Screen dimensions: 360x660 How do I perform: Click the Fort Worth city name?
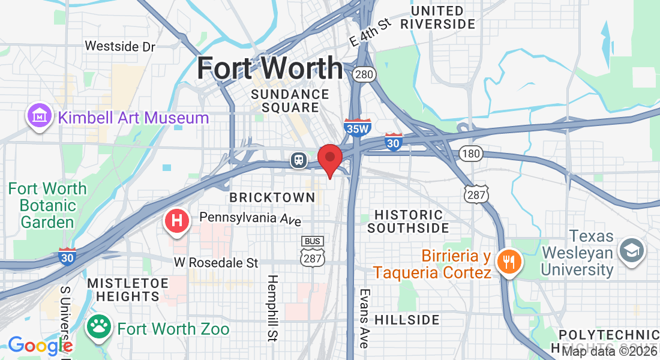270,68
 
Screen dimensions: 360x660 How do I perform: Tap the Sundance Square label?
290,101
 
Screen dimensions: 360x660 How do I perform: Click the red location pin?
329,158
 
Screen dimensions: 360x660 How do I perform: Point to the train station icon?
298,160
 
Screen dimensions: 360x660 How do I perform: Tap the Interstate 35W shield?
358,128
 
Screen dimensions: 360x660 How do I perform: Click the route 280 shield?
364,74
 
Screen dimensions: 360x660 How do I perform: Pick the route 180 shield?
472,154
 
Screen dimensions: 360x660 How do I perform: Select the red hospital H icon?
177,221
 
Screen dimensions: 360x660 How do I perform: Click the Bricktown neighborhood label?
272,197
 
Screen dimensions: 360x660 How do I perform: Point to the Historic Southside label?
408,221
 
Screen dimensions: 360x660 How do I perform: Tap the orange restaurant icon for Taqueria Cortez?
509,260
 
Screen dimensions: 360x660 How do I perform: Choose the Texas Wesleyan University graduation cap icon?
631,249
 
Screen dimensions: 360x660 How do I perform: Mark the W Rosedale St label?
216,263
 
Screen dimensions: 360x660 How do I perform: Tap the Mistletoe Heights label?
124,289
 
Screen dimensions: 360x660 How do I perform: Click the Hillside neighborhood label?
407,320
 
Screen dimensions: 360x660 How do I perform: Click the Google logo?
40,346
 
